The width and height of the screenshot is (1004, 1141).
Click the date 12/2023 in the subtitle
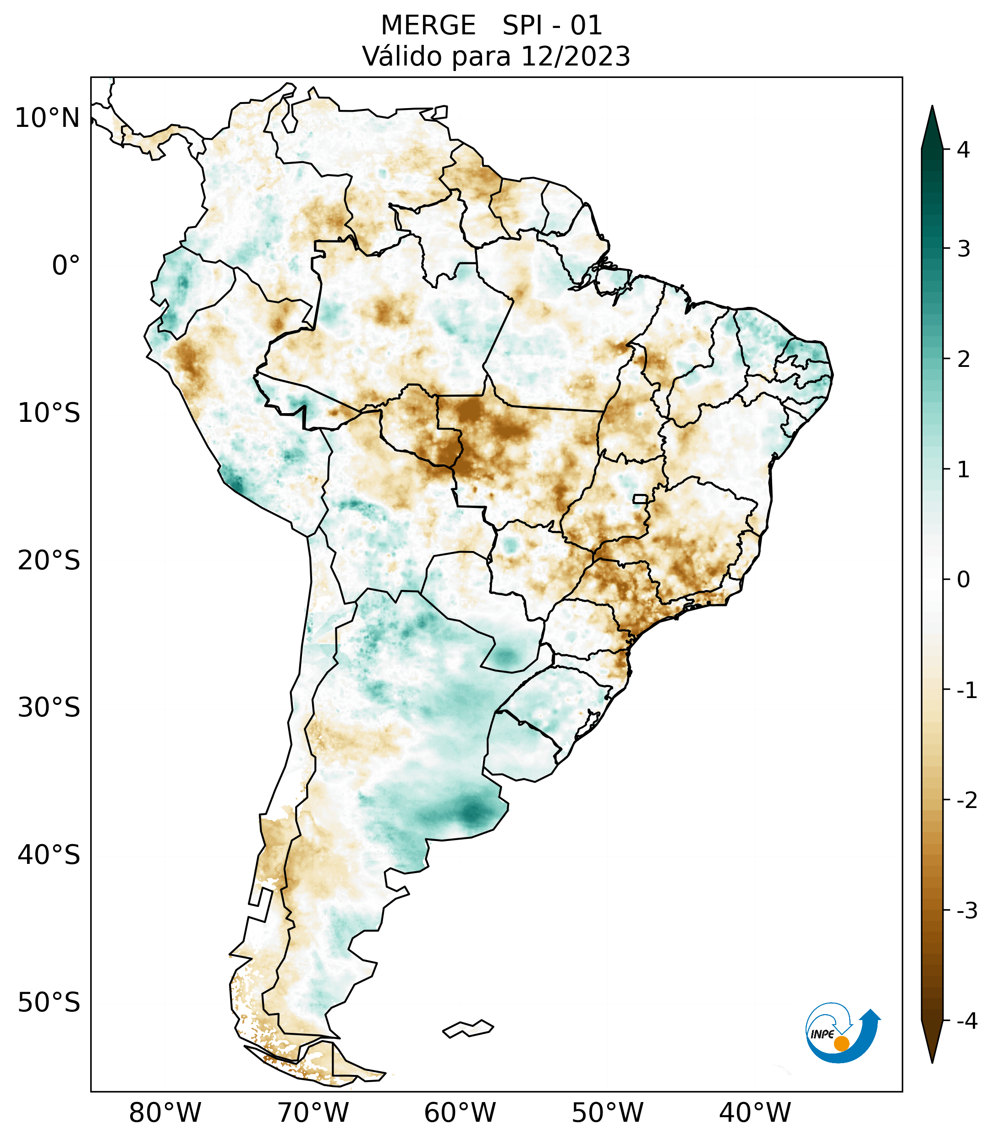coord(575,56)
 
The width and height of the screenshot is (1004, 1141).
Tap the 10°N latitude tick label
coord(47,118)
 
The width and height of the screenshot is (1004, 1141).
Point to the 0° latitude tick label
coord(66,266)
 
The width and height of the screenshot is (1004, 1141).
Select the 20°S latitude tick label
coord(49,561)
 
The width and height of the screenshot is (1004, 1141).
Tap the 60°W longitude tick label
coord(460,1113)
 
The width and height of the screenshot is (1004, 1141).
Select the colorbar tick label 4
coord(963,150)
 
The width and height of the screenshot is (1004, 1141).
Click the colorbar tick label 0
coord(963,580)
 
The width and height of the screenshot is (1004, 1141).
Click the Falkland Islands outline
coord(468,1028)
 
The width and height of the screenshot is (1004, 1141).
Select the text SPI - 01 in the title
coord(552,26)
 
